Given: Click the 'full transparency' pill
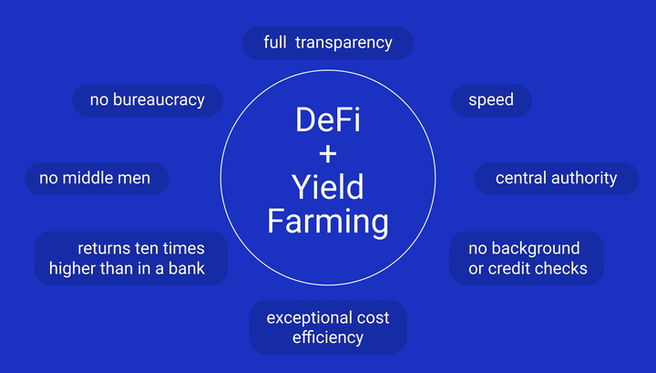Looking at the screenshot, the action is click(328, 43).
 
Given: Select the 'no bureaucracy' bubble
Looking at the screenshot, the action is click(148, 100).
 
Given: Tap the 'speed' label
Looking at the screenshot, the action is click(491, 100).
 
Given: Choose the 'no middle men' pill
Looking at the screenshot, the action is click(97, 179).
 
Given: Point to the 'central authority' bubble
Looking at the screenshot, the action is click(557, 179).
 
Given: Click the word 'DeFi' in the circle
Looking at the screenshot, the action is click(328, 120).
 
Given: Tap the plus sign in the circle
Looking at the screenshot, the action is click(328, 154).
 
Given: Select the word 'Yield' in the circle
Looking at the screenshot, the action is click(328, 187).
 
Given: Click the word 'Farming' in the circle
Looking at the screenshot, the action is click(328, 222).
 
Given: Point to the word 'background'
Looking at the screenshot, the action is click(536, 249).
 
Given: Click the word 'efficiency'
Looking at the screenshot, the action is click(328, 337).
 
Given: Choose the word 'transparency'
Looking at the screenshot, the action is click(343, 43).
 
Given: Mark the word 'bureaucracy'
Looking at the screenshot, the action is click(159, 100).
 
